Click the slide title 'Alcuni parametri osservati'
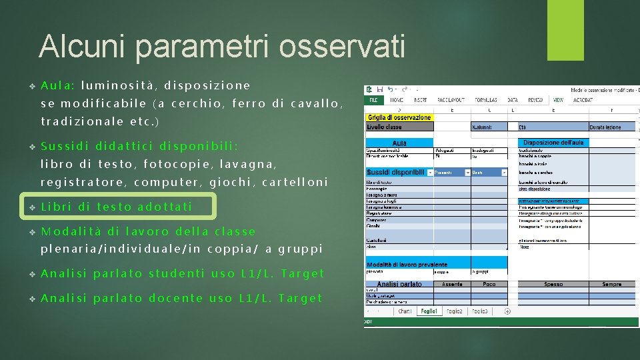(x=221, y=47)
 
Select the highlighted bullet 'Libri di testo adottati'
(x=117, y=207)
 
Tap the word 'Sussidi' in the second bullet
(x=65, y=146)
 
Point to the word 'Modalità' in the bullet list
(x=71, y=231)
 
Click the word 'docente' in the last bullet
(x=176, y=298)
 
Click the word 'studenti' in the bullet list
(x=176, y=273)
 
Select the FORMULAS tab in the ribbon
(x=485, y=100)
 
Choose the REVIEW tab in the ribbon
(x=535, y=100)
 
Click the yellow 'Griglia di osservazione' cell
(x=399, y=118)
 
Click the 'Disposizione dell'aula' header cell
(x=553, y=143)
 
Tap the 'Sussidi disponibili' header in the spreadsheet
(x=395, y=172)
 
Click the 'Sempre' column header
(x=611, y=284)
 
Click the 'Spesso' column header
(x=553, y=284)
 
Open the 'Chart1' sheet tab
(x=404, y=311)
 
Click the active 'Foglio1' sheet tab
(x=429, y=311)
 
